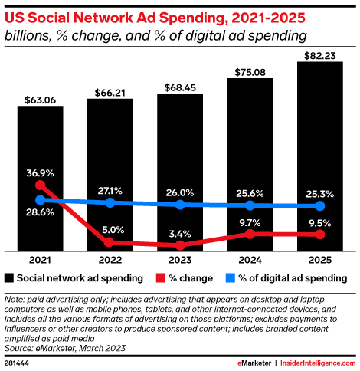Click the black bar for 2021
40,177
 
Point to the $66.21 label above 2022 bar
110,92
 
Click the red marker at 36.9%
41,185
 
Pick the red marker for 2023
180,245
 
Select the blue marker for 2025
320,206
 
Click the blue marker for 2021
41,200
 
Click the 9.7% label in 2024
250,222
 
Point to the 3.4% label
180,233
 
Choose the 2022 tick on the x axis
110,260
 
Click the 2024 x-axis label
250,260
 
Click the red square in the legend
159,277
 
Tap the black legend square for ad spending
9,277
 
